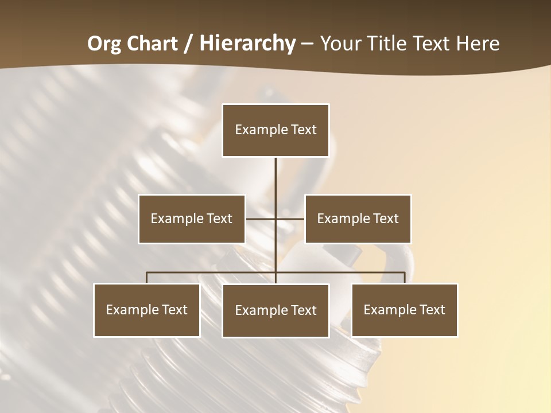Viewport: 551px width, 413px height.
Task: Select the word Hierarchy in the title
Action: coord(247,44)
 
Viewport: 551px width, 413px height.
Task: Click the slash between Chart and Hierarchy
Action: coord(188,44)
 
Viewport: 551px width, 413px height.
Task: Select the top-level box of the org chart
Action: coord(275,130)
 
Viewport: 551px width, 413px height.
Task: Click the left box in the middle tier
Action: coord(192,219)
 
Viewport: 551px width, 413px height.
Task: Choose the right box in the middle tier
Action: coord(358,219)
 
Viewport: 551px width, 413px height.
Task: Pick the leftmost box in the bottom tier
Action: coord(147,310)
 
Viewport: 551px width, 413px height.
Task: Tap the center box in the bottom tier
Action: coord(275,310)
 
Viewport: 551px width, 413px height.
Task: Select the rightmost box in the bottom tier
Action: coord(404,310)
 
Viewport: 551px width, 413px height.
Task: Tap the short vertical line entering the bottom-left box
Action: coord(147,278)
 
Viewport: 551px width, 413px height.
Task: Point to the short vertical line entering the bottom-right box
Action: coord(405,278)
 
